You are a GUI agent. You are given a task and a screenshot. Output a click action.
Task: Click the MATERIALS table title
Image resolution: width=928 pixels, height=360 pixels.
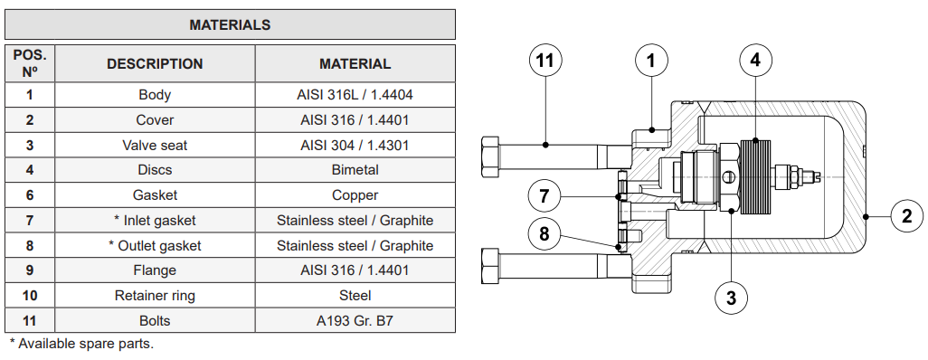tap(230, 24)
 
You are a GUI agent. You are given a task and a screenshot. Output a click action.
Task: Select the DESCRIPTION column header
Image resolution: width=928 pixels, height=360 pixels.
tap(155, 64)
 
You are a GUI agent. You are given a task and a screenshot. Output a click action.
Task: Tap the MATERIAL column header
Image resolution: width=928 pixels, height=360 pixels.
tap(355, 64)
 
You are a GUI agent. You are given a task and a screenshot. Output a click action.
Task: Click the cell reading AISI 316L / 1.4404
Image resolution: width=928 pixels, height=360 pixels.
tap(355, 95)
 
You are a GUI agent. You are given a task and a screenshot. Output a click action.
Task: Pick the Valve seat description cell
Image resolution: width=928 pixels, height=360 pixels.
tap(155, 145)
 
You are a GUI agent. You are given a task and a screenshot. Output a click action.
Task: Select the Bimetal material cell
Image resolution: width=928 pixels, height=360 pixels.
tap(355, 170)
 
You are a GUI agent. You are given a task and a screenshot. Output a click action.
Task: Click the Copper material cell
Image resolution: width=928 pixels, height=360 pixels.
tap(355, 195)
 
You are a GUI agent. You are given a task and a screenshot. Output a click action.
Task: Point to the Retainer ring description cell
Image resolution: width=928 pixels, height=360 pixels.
tap(155, 296)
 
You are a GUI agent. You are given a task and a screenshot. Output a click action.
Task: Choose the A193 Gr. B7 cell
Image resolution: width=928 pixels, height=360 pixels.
tap(355, 321)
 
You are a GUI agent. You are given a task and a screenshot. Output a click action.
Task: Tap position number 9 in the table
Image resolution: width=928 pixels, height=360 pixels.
tap(30, 270)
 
